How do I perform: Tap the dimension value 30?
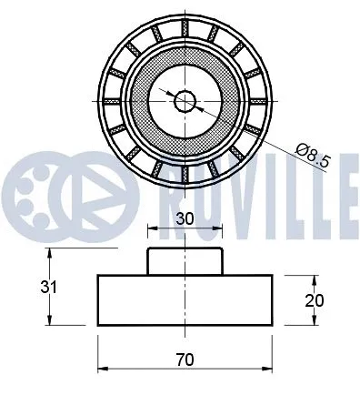pyautogui.click(x=185, y=219)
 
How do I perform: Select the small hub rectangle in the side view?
pyautogui.click(x=185, y=260)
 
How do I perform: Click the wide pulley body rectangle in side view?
pyautogui.click(x=185, y=298)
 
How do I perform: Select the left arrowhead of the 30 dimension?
pyautogui.click(x=152, y=228)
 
